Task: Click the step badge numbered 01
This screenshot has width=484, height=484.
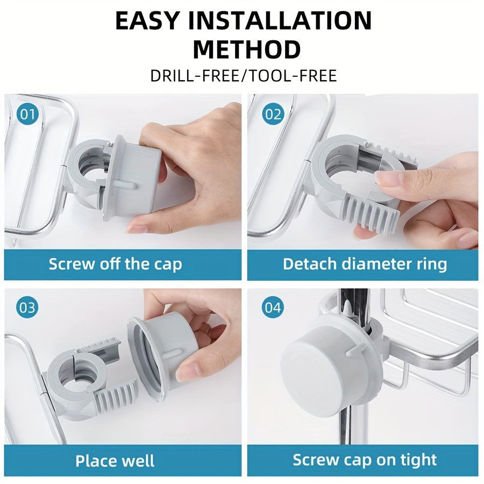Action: (x=27, y=115)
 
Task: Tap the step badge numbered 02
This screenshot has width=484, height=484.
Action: (x=273, y=115)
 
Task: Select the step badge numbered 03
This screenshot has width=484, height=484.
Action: (x=27, y=308)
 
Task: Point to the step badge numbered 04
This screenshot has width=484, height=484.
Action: (x=273, y=308)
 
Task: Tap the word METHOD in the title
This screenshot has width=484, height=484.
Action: (x=246, y=50)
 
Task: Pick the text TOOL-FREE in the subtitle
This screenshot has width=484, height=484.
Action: (x=295, y=75)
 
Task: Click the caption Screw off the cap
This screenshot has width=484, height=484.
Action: (x=115, y=264)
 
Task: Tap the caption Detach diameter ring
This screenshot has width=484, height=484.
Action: (x=365, y=264)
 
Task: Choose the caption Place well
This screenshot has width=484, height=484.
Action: (x=115, y=461)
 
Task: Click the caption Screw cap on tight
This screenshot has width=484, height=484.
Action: (x=365, y=460)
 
